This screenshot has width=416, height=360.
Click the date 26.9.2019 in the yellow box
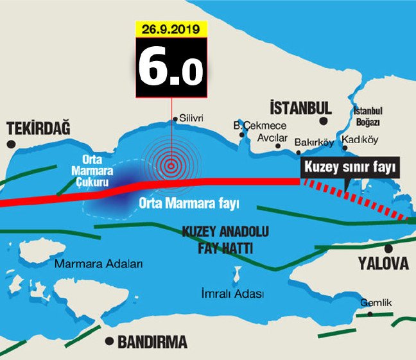(171, 29)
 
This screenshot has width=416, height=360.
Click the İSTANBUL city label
(300, 107)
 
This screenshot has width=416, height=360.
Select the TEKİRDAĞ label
(37, 129)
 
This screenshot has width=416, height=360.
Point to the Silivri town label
(191, 119)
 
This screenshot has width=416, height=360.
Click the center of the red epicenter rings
(171, 167)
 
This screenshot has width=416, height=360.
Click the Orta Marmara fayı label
(189, 204)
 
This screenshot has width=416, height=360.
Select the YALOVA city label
(383, 264)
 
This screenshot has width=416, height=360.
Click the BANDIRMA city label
(152, 341)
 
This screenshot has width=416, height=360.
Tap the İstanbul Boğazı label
(368, 116)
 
